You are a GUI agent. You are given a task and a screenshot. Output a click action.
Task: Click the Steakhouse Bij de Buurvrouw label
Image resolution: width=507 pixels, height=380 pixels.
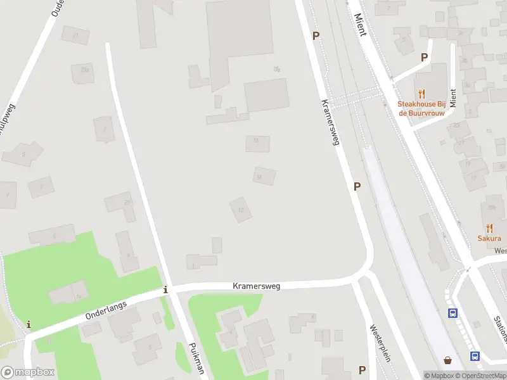(421, 108)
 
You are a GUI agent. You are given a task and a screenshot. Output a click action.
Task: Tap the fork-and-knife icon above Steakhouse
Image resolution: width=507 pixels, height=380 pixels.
(421, 94)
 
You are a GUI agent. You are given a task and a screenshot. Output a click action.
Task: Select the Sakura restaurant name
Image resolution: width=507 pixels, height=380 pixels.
(489, 239)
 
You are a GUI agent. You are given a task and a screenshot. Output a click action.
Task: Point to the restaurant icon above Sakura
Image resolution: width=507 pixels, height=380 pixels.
(489, 228)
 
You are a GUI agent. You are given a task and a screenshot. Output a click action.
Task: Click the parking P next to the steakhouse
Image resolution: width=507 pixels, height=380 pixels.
(424, 58)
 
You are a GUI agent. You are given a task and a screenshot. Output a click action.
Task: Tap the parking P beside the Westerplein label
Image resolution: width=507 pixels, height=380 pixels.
(362, 370)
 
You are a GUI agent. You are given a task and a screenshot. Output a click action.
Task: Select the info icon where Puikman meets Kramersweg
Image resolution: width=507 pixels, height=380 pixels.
(166, 290)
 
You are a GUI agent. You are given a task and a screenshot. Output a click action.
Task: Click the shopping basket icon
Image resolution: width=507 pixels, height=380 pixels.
(449, 360)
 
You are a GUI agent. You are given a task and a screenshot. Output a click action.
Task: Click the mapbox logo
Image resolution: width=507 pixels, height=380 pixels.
(28, 372)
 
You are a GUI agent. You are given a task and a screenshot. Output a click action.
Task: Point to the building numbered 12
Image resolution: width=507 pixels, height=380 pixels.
(240, 210)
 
